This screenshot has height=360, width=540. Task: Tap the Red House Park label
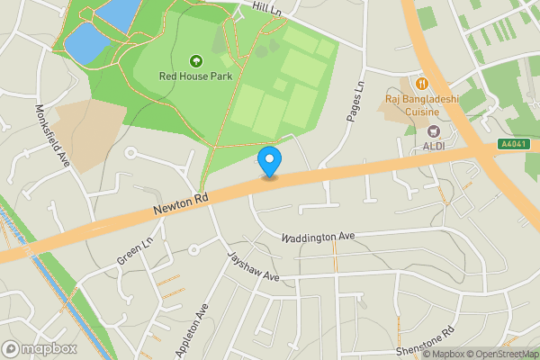[195, 76]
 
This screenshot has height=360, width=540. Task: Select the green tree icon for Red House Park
[195, 61]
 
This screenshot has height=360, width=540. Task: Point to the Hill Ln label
[268, 7]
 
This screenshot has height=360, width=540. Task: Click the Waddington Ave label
[318, 238]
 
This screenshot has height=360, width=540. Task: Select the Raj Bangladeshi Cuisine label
[421, 105]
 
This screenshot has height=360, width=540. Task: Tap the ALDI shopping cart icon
[433, 131]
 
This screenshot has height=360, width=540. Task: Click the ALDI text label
[433, 147]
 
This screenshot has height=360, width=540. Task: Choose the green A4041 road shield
[513, 144]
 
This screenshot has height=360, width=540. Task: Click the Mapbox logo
[40, 348]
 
